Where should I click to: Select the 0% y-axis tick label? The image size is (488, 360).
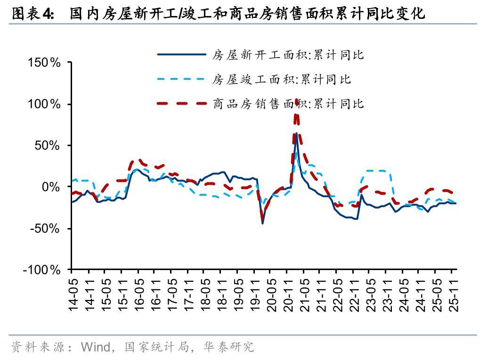coord(51,187)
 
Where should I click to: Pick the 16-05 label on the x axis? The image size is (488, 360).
coord(138,292)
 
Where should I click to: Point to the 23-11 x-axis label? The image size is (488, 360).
coord(387,292)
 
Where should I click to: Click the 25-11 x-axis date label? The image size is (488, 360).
coord(453,292)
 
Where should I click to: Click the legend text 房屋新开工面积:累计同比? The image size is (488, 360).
coord(288,55)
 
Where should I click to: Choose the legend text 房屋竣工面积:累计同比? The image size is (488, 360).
coord(282,79)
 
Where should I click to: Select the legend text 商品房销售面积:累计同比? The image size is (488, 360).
coord(288,103)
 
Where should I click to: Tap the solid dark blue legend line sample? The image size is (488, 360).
coord(181,55)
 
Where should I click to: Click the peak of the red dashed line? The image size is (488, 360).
coord(296,100)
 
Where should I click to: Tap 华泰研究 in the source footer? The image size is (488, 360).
coord(229,347)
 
